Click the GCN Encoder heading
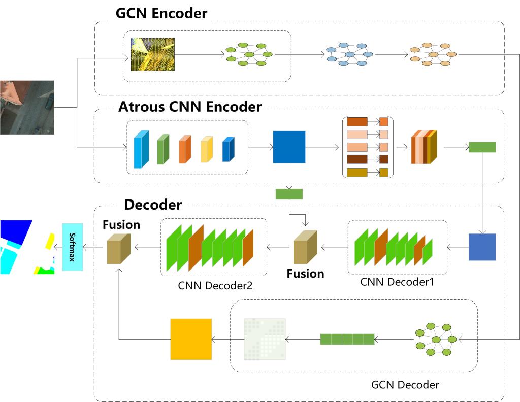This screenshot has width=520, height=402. [161, 13]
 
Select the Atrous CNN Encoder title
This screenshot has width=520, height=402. [189, 107]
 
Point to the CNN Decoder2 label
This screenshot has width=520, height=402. [215, 285]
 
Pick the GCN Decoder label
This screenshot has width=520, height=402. [405, 384]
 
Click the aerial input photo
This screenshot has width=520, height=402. [27, 107]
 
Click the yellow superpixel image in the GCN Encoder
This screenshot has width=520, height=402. [152, 54]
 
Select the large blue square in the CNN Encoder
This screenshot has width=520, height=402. [289, 147]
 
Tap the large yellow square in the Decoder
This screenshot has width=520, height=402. [190, 339]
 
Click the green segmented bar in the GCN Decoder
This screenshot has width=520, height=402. [347, 339]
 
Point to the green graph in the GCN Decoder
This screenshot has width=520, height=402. [435, 339]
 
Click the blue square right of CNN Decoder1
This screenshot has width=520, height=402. [482, 247]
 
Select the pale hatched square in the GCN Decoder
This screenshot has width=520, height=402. [265, 339]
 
